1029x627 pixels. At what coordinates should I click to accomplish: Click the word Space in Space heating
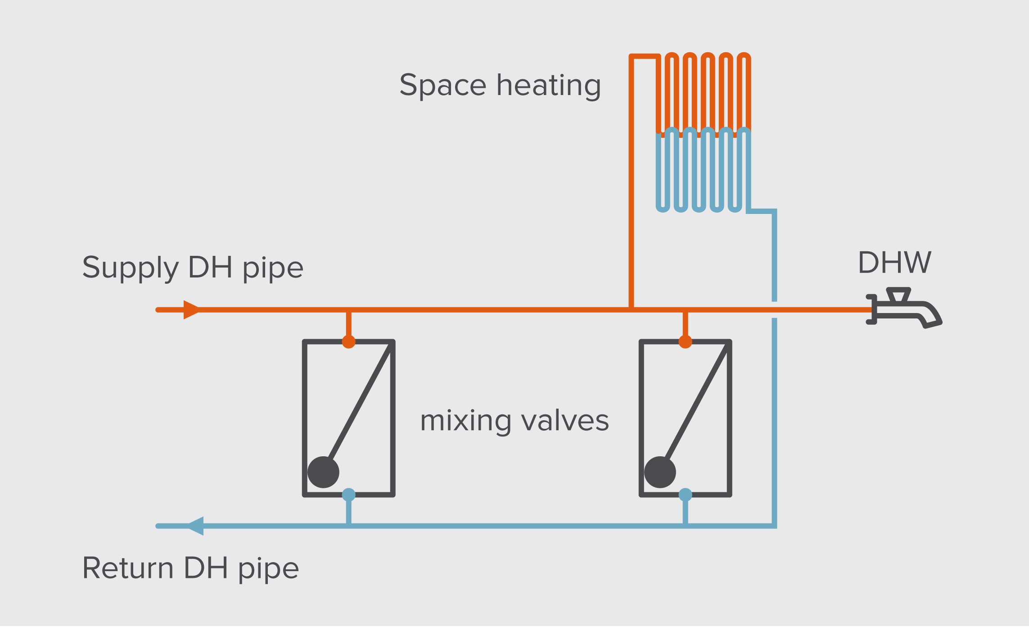[x=443, y=86]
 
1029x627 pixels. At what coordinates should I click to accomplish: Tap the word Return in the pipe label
[x=128, y=568]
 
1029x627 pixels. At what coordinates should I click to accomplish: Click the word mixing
[x=465, y=422]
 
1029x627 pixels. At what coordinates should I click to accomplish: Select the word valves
[x=565, y=421]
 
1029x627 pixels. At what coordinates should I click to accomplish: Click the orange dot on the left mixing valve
[x=348, y=341]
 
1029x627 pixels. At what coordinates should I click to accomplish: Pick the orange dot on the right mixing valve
[x=685, y=341]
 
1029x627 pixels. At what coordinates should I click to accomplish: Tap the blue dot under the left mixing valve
[x=348, y=495]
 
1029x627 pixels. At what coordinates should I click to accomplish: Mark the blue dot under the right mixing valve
[x=685, y=495]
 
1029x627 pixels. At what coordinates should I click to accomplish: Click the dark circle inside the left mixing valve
[x=323, y=472]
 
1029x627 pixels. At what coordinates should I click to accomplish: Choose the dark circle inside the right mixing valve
[x=660, y=472]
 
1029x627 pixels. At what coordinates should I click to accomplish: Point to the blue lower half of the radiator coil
[x=703, y=171]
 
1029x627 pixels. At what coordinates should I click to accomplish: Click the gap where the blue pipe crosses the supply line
[x=774, y=310]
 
